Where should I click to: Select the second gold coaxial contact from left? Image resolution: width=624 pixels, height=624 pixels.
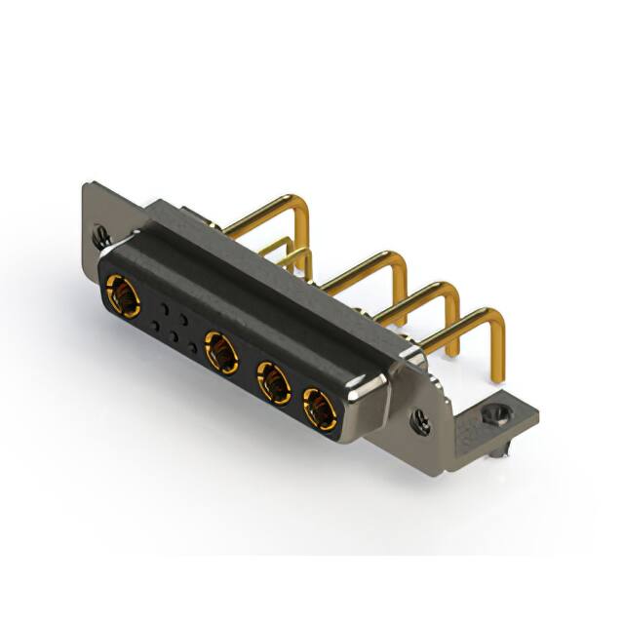point(222,352)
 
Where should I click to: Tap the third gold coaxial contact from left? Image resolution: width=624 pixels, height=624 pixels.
point(274,382)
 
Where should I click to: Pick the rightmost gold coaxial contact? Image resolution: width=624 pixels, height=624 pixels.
point(318,408)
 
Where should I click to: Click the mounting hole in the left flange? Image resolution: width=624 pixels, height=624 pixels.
point(99,234)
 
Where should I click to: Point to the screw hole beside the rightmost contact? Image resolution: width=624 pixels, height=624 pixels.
point(420,423)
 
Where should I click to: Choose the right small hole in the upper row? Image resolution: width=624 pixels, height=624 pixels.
point(183,319)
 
